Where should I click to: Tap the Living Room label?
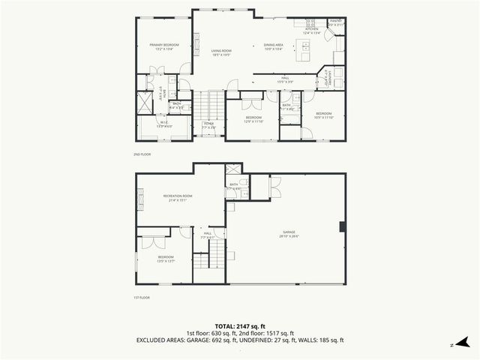coord(220,52)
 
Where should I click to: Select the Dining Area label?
coord(273,46)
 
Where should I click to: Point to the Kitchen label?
coord(312,31)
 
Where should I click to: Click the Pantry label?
coord(335,23)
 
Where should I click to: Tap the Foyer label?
coord(209,125)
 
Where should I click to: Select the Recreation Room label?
coord(179,198)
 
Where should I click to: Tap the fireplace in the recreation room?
coord(139,197)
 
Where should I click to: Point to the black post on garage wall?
coord(342,226)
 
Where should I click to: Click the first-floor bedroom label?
coord(166,259)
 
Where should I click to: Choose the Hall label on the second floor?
coord(285,79)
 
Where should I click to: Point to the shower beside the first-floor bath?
coord(232,170)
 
